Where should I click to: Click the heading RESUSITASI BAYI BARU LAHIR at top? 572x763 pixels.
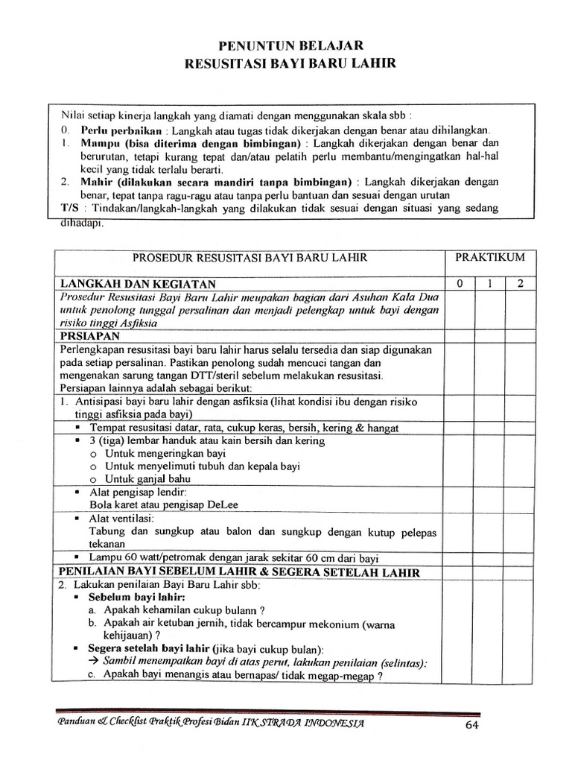click(290, 64)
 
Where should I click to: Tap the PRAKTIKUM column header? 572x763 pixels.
click(490, 258)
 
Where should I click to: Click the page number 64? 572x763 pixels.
click(471, 726)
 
